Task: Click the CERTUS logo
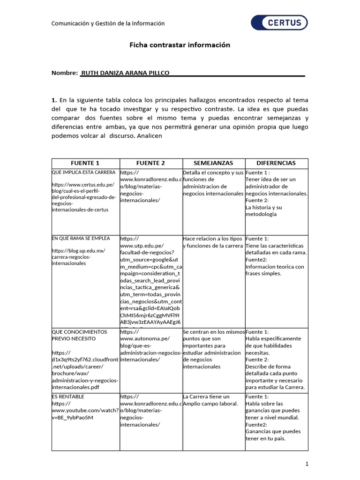279,22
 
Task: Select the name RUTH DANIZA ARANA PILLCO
125,73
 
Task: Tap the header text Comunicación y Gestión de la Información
108,23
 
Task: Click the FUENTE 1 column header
85,163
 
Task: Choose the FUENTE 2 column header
150,163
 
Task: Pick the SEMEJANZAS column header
213,163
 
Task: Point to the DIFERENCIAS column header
276,163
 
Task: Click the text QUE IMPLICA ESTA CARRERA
83,172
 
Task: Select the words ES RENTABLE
68,397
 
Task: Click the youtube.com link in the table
85,411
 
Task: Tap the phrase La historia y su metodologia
264,210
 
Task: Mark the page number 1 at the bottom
307,464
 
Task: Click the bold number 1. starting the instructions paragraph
54,100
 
